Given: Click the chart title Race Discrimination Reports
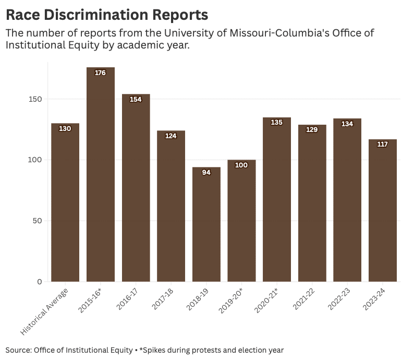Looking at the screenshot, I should point(107,14).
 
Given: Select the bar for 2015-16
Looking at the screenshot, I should point(100,177).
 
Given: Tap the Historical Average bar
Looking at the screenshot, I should point(65,203).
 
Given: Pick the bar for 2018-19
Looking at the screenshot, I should point(206,224).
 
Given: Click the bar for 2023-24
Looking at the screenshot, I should point(383,209).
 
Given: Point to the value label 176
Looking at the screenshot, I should point(100,73).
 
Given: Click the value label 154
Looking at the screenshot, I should point(136,100).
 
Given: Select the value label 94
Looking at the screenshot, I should point(206,173).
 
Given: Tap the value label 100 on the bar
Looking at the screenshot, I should point(241,165).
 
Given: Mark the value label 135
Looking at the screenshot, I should point(277,123).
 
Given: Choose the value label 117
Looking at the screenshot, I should point(383,145).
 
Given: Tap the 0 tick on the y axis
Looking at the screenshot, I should point(40,282).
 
